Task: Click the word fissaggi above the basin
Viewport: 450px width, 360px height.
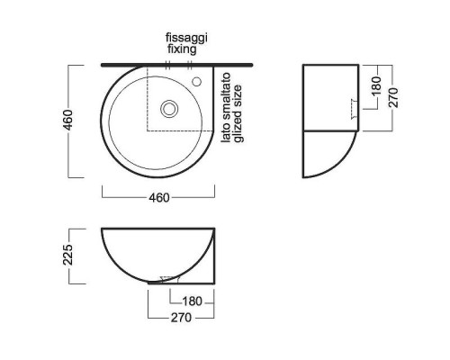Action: point(186,38)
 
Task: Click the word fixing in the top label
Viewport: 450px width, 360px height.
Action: point(182,49)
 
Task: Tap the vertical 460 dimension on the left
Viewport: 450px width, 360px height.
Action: point(68,120)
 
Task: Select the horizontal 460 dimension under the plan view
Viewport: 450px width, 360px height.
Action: point(159,198)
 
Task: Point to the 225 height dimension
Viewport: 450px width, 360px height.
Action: point(68,255)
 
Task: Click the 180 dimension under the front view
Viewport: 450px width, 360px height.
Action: point(193,301)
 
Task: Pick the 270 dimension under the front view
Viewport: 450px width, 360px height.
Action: point(181,318)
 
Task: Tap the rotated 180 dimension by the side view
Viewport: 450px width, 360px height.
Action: point(376,86)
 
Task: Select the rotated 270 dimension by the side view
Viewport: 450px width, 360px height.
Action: point(393,97)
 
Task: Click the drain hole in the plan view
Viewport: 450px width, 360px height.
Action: point(169,108)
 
